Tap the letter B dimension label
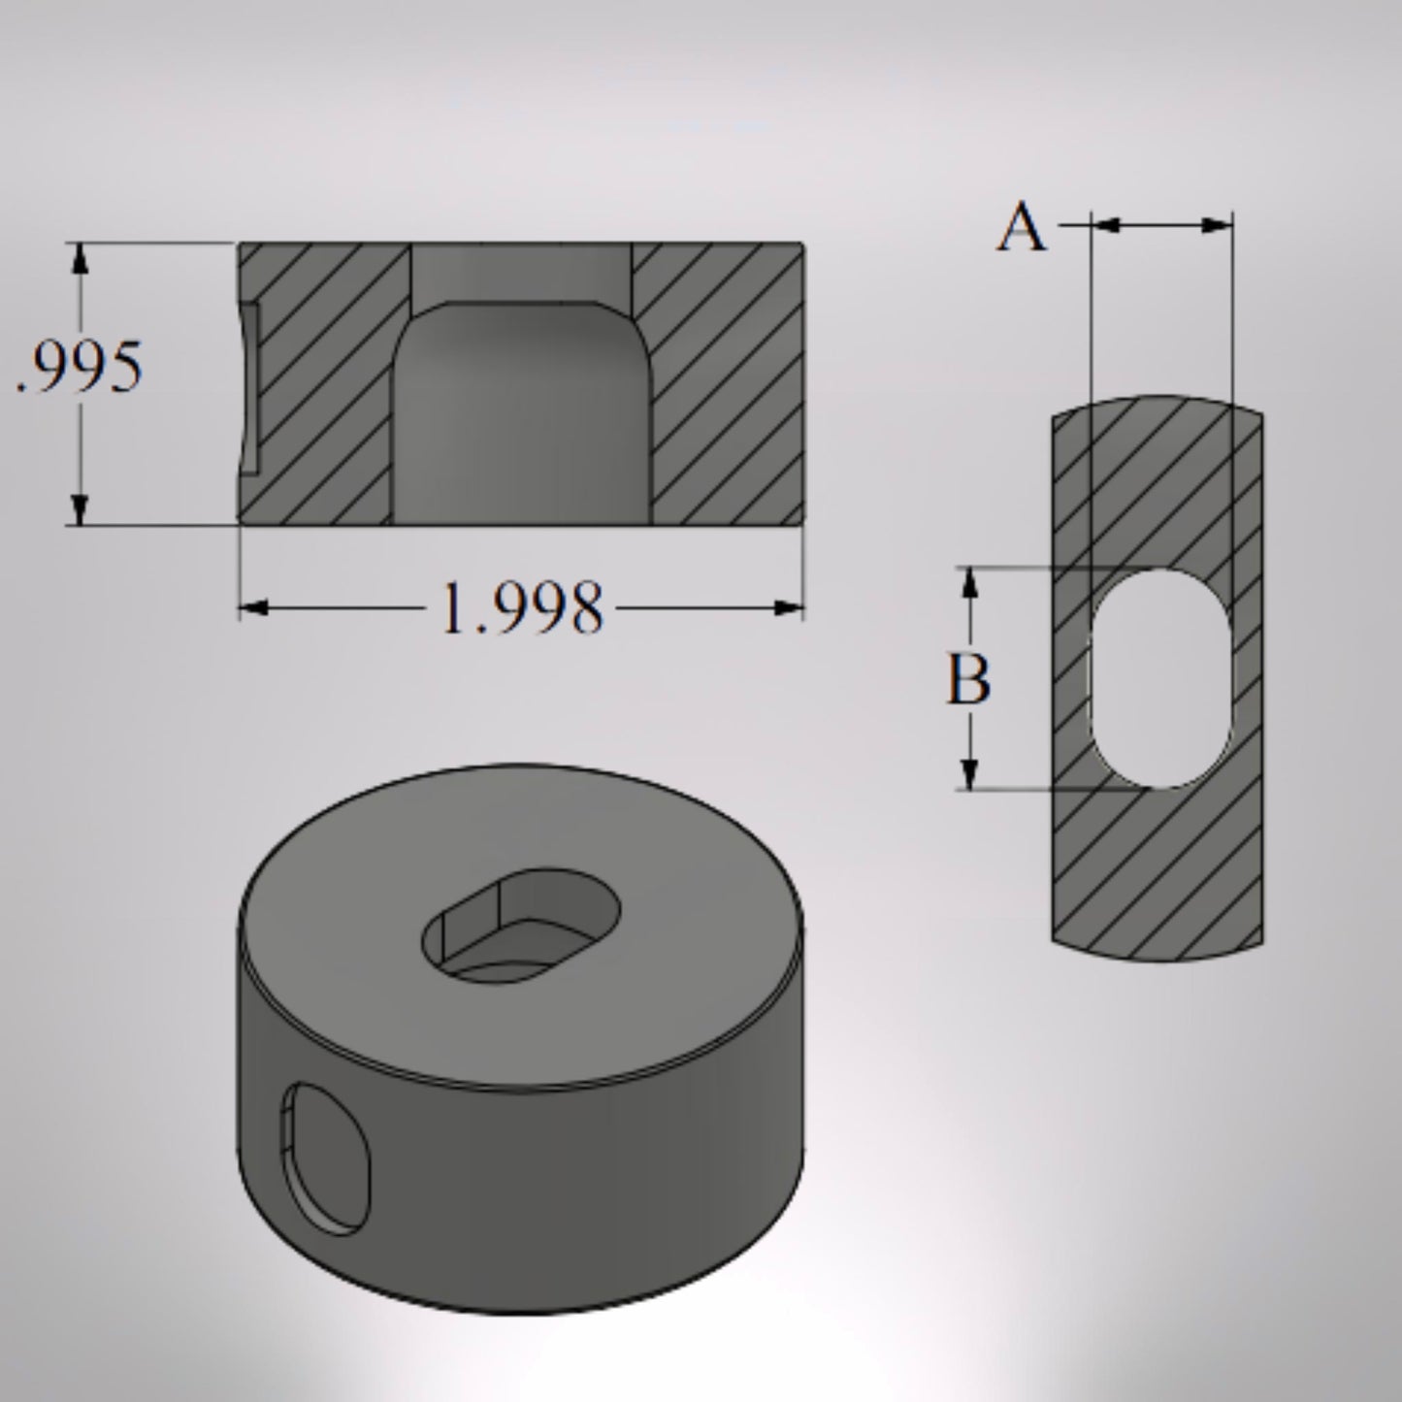click(968, 679)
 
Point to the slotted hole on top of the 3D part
click(521, 923)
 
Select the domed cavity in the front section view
click(521, 417)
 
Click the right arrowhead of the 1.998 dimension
click(790, 608)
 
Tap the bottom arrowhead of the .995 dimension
click(81, 510)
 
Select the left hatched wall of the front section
click(325, 388)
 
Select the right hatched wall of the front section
click(723, 388)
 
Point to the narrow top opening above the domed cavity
click(521, 272)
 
